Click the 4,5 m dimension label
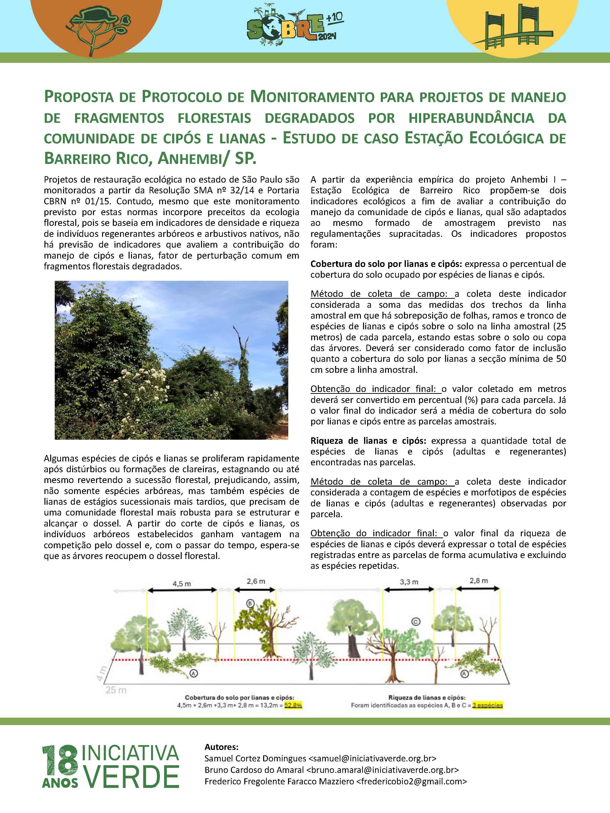click(182, 584)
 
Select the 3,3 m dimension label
click(409, 582)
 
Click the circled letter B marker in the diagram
click(250, 603)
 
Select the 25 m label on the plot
click(116, 690)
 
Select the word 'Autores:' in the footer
click(221, 747)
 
